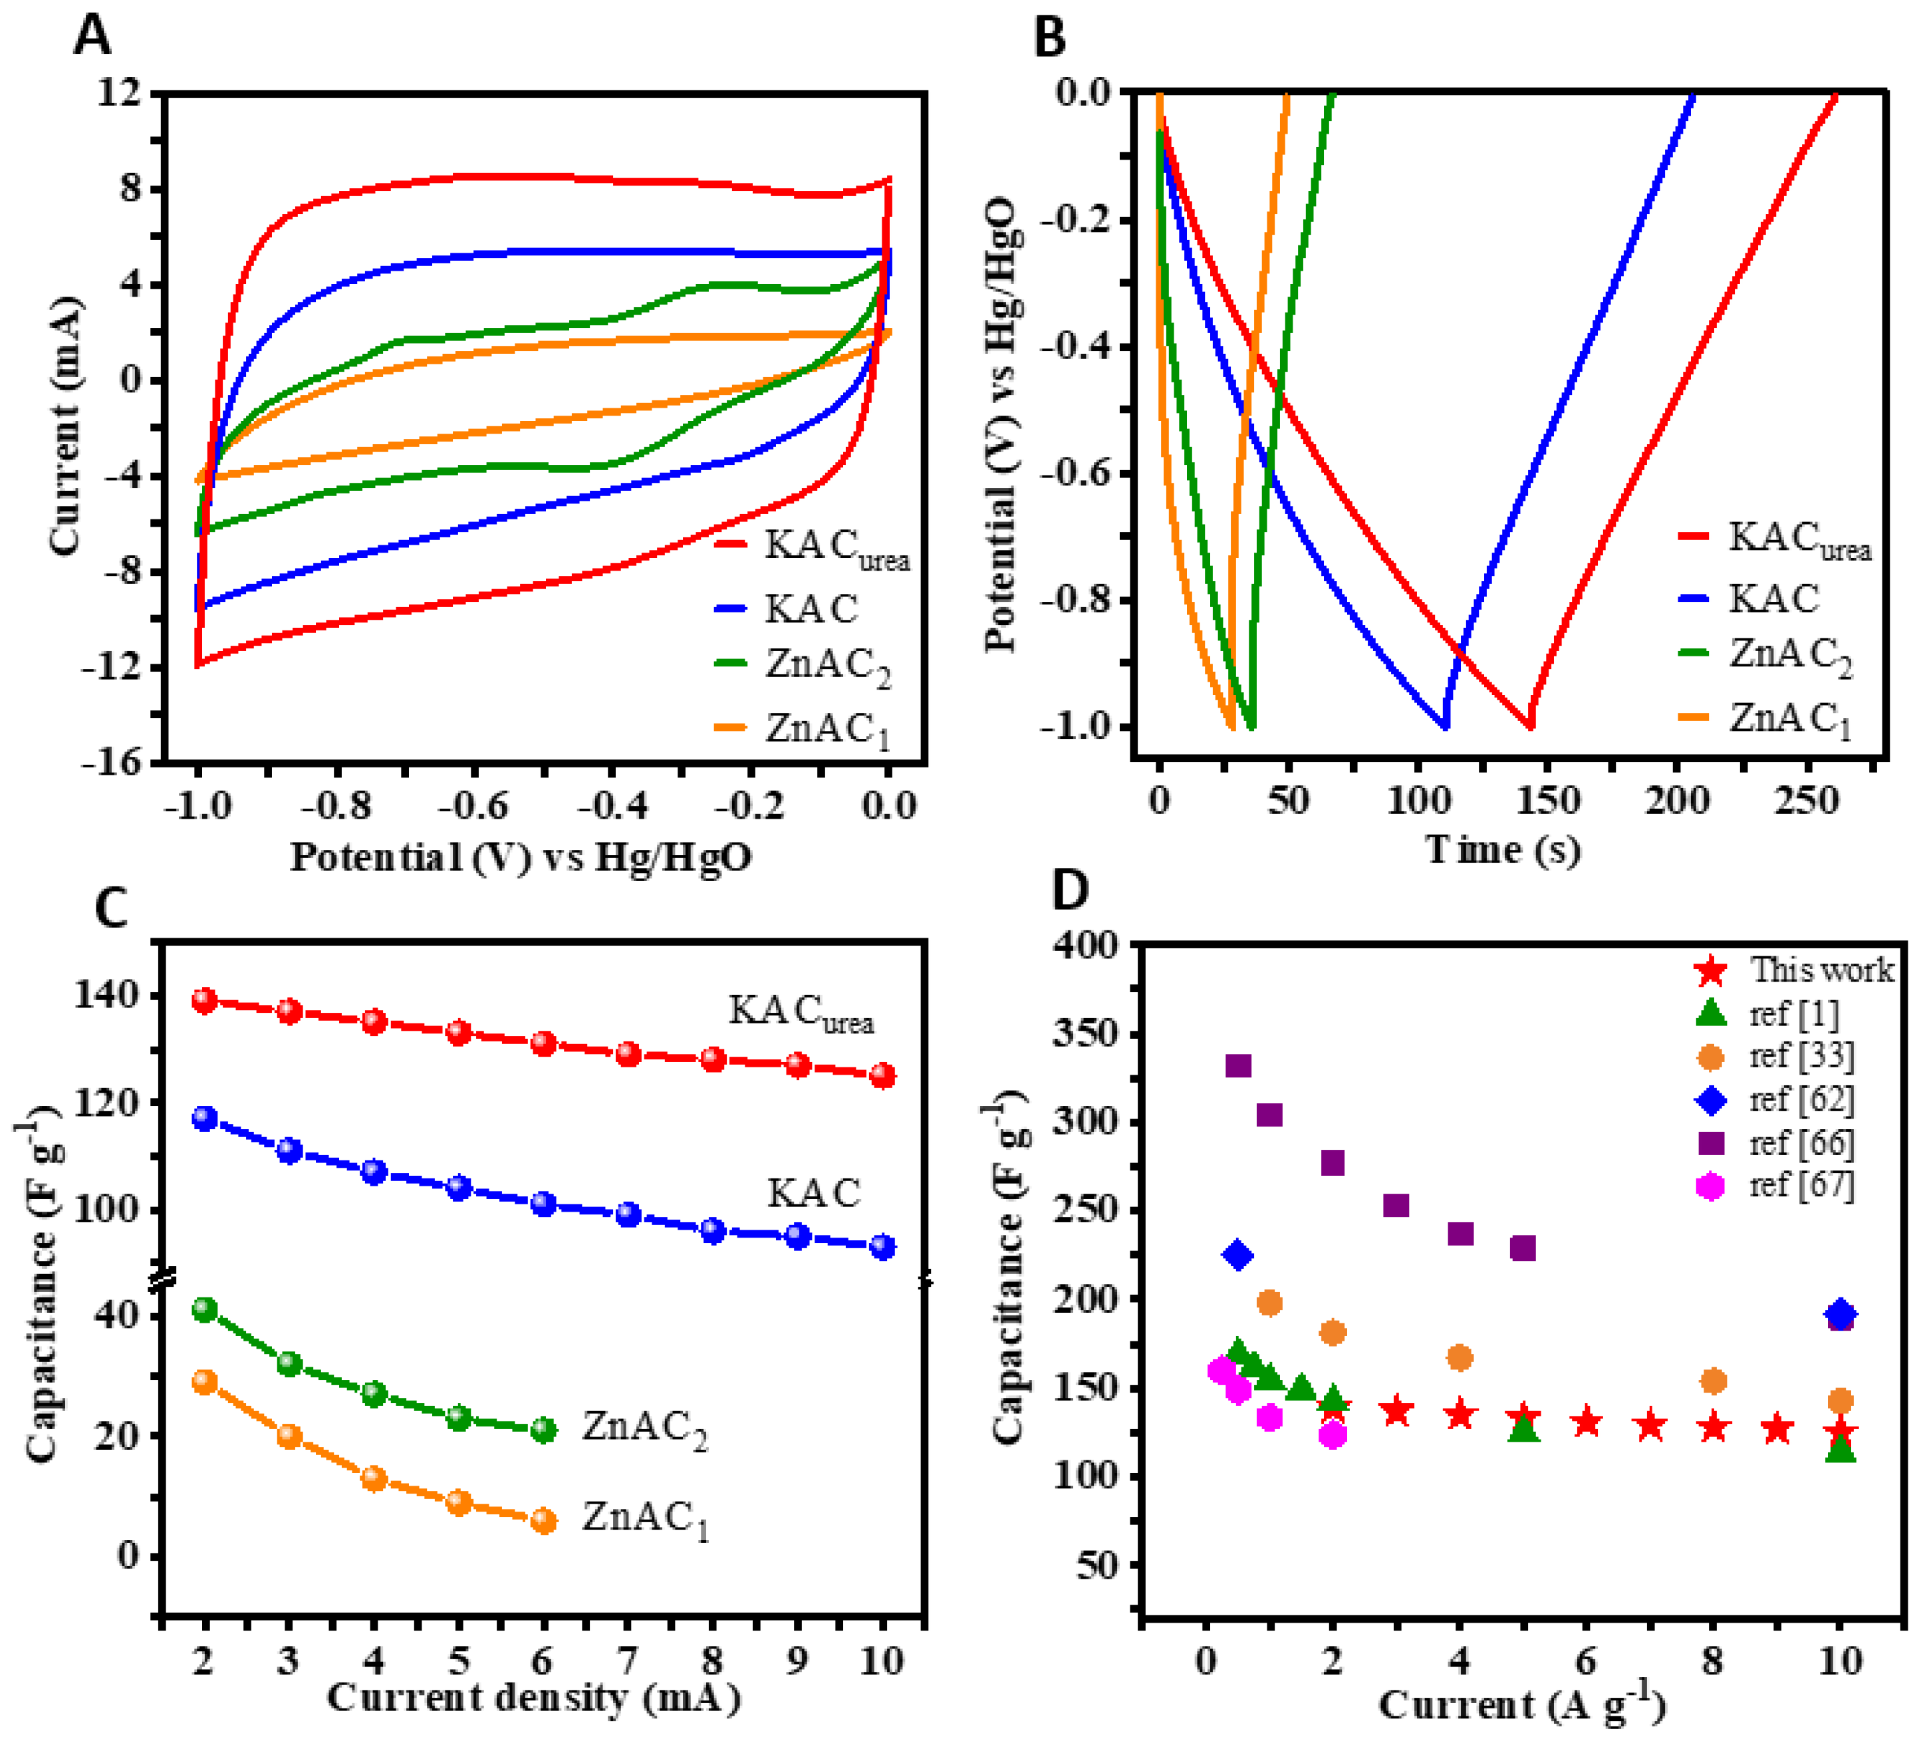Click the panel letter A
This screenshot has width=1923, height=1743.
[x=92, y=38]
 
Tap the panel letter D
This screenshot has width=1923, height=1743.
[x=1071, y=889]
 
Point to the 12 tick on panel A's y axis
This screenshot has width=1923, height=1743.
[x=118, y=92]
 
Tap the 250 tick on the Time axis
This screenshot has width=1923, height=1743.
[x=1806, y=801]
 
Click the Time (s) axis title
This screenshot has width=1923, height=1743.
[x=1502, y=849]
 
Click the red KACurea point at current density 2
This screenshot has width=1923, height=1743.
[x=204, y=1001]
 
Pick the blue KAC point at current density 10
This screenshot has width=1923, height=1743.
[x=883, y=1247]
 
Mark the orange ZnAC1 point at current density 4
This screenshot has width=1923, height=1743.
[x=374, y=1479]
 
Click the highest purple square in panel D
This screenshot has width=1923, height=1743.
[x=1238, y=1065]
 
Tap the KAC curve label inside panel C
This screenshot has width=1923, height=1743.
[x=814, y=1194]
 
